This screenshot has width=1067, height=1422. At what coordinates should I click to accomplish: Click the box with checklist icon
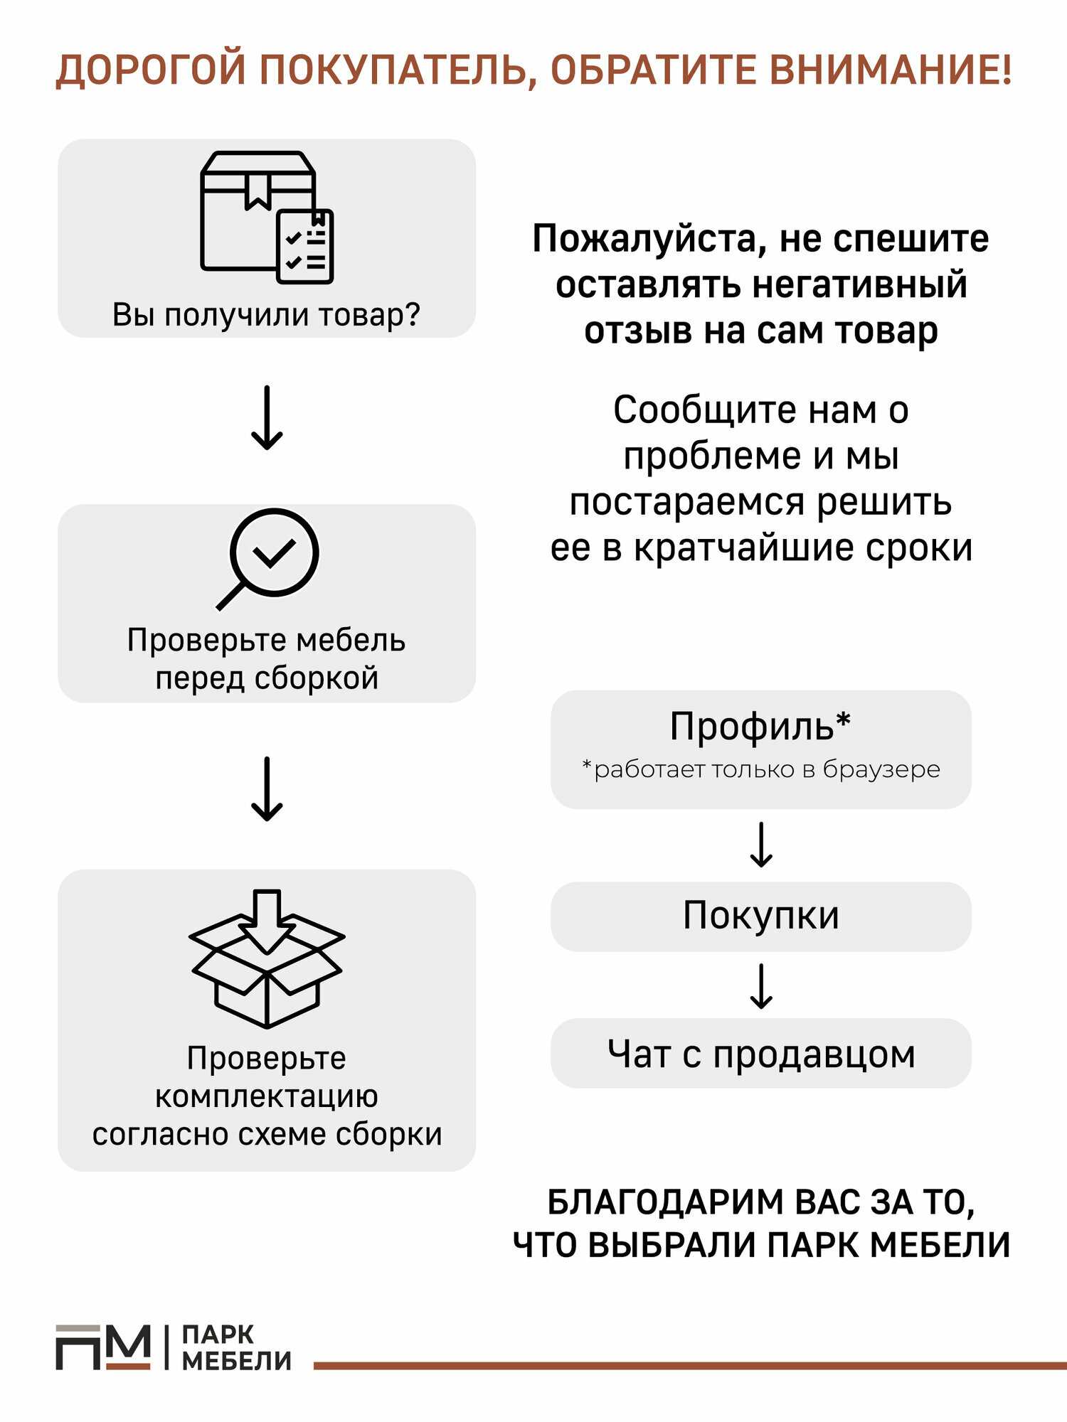tap(267, 217)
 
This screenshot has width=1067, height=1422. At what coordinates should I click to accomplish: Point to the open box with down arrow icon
tap(267, 958)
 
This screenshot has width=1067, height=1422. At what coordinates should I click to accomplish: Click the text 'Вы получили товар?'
tap(267, 314)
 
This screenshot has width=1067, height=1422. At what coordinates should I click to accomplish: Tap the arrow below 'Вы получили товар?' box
tap(267, 418)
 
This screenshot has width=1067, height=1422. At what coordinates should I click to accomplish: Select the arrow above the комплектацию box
tap(267, 789)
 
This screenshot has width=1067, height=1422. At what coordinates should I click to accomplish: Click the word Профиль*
tap(760, 727)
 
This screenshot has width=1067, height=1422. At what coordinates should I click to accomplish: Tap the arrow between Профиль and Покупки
tap(761, 845)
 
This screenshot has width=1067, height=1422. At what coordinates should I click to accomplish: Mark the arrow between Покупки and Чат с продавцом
tap(761, 986)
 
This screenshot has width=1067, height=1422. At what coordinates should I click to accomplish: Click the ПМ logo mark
tap(103, 1347)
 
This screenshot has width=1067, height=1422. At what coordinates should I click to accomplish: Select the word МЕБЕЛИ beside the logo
tap(237, 1361)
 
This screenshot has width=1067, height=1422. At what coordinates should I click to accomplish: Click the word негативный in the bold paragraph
tap(859, 284)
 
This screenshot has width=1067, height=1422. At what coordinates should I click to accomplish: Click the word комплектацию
tap(267, 1096)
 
